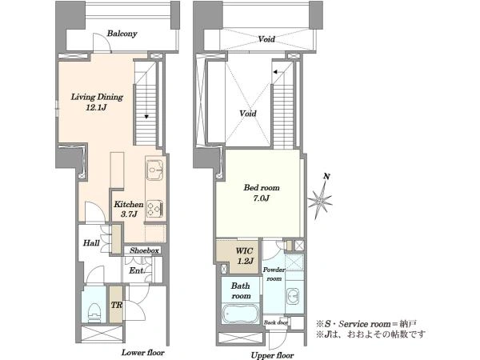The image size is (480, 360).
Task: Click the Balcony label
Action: point(122,34)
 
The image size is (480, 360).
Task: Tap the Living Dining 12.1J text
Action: point(97,102)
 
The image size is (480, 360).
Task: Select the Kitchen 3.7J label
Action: point(129,209)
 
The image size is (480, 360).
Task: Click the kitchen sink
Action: point(155,170)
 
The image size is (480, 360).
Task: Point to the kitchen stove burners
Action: point(155,209)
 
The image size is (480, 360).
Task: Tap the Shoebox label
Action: point(144,250)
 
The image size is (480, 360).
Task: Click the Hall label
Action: point(91,243)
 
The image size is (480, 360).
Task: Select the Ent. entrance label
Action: point(137,270)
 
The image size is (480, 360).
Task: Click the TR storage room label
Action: point(117,305)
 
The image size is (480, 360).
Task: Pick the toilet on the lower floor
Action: point(94,312)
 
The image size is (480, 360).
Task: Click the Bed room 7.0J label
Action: point(262,193)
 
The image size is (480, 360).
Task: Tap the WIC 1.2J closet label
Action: point(245,256)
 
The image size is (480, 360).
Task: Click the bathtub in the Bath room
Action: point(240,313)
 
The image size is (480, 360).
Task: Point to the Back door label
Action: point(276,322)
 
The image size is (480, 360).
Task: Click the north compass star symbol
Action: point(320,201)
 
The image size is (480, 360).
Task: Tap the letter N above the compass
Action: point(326,176)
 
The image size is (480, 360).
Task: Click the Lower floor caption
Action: point(143,352)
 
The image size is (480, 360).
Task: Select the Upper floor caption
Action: point(272,355)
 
